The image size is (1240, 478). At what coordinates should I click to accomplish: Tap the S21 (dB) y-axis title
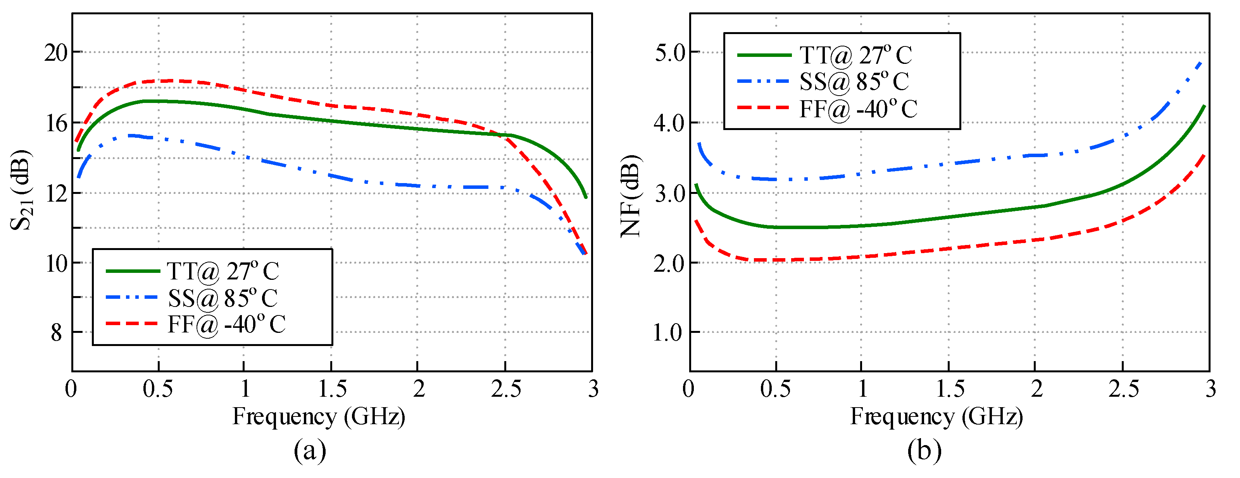point(21,190)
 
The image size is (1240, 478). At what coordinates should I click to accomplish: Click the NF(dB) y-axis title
point(631,197)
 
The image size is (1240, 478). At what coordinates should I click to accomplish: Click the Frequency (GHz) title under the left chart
point(319,416)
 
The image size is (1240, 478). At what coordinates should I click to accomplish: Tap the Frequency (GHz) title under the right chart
point(936,416)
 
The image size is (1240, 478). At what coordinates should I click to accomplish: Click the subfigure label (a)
point(310,451)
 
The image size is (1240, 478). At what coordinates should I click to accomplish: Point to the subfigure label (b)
point(924,451)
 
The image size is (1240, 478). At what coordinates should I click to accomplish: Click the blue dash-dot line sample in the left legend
point(132,298)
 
